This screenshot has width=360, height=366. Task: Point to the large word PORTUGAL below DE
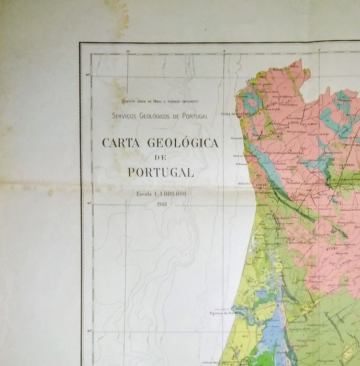[x=160, y=172]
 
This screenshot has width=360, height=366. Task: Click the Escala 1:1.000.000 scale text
[x=160, y=193]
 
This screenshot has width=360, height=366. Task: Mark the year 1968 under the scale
[x=160, y=202]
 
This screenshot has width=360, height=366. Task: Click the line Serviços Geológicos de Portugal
[x=160, y=116]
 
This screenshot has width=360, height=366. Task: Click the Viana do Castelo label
[x=235, y=113]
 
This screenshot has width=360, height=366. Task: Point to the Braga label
[x=276, y=133]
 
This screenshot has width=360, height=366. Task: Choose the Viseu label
[x=331, y=249]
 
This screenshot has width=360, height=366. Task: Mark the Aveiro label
[x=262, y=249]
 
